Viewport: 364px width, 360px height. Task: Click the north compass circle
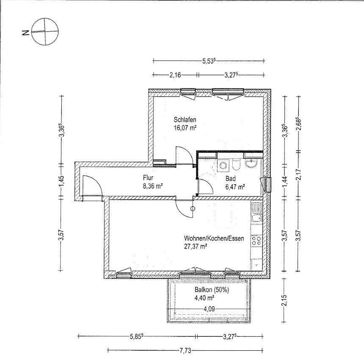pos(45,19)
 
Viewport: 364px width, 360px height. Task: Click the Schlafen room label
pos(185,120)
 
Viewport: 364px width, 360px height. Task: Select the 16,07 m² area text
pos(185,128)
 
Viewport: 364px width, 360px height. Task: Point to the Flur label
pos(148,178)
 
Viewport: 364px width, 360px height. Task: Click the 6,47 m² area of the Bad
pos(235,187)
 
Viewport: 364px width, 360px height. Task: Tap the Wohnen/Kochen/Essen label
pos(214,238)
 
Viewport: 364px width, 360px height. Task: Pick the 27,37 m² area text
pos(196,246)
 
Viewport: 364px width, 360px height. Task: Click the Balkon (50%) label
pos(212,290)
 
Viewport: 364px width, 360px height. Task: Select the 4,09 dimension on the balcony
pos(209,309)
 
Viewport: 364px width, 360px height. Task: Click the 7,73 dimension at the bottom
pos(185,351)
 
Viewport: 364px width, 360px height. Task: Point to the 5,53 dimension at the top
pos(209,61)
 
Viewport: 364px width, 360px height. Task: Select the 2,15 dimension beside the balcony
pos(285,300)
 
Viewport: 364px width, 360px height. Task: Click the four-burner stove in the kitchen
pos(256,241)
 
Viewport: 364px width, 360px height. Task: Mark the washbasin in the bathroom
pos(251,163)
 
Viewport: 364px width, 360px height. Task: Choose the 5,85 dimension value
pos(136,336)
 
